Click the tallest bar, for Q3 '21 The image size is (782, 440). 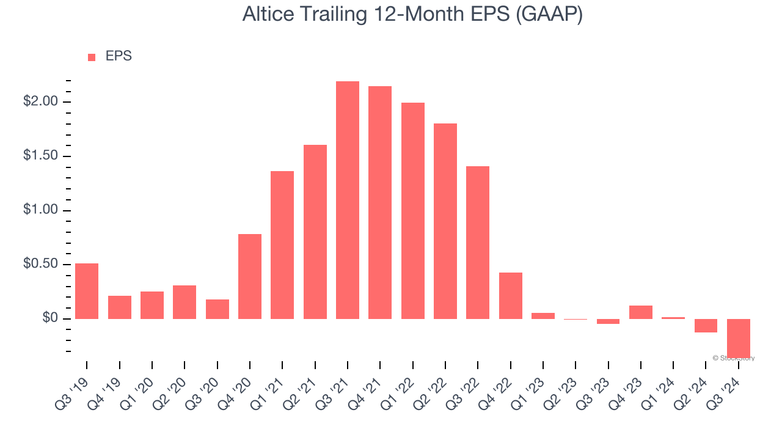[348, 200]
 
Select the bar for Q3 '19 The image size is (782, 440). [87, 291]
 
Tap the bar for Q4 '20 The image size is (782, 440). [250, 276]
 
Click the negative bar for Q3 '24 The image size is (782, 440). [739, 337]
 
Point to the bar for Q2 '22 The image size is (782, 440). [445, 221]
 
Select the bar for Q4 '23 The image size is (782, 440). [641, 312]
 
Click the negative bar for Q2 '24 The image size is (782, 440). [706, 326]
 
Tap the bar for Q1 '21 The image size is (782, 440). [282, 245]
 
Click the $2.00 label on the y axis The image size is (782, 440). [40, 101]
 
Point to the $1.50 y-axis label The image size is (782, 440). [40, 156]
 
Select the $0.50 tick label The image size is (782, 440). [40, 265]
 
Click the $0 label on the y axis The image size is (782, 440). [49, 319]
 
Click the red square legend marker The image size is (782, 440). [92, 57]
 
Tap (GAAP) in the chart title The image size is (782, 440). [549, 14]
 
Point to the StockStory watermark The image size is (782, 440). [733, 358]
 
